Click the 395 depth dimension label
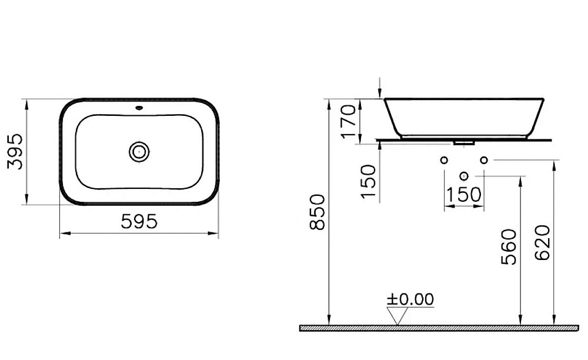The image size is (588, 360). pyautogui.click(x=15, y=152)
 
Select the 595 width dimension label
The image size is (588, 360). pyautogui.click(x=139, y=222)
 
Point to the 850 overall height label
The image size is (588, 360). pyautogui.click(x=317, y=212)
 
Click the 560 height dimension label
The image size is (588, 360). pyautogui.click(x=509, y=246)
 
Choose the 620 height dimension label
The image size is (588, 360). pyautogui.click(x=543, y=244)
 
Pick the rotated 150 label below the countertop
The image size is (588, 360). pyautogui.click(x=369, y=181)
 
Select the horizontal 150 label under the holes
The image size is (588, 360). pyautogui.click(x=464, y=194)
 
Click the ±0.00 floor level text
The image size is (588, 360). pyautogui.click(x=410, y=299)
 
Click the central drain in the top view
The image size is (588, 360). pyautogui.click(x=139, y=152)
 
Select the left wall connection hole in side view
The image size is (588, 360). pyautogui.click(x=444, y=160)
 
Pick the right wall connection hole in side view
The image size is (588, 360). pyautogui.click(x=484, y=160)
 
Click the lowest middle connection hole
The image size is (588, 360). pyautogui.click(x=464, y=176)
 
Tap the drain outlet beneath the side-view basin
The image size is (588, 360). pyautogui.click(x=464, y=142)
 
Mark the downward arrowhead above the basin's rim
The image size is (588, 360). pyautogui.click(x=380, y=92)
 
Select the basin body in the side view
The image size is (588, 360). pyautogui.click(x=465, y=116)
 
